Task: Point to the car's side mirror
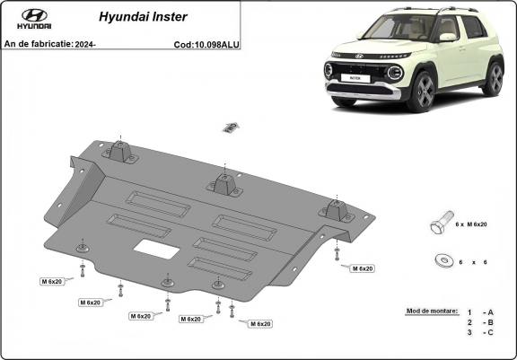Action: pyautogui.click(x=447, y=39)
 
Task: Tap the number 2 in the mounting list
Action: pyautogui.click(x=468, y=321)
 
